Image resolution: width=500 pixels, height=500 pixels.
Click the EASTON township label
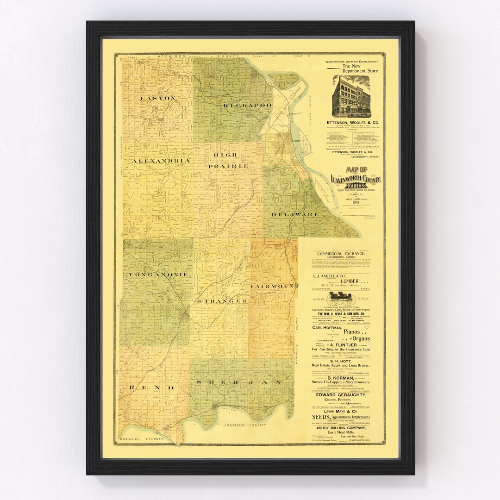[x=157, y=98]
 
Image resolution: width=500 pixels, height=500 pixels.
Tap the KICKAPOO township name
[x=247, y=106]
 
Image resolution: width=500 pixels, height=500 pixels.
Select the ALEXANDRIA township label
[x=161, y=161]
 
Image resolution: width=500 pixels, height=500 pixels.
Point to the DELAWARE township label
[x=295, y=214]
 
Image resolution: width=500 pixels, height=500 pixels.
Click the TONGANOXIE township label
[x=152, y=275]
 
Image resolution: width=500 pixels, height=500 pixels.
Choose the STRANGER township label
[x=222, y=301]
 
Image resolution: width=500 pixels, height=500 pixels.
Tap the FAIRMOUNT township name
[x=275, y=286]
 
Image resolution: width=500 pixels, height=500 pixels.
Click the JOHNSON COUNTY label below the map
[x=244, y=425]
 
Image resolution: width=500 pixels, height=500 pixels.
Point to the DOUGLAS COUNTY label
[x=141, y=438]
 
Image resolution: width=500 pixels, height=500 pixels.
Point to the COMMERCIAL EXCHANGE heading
[x=341, y=254]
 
